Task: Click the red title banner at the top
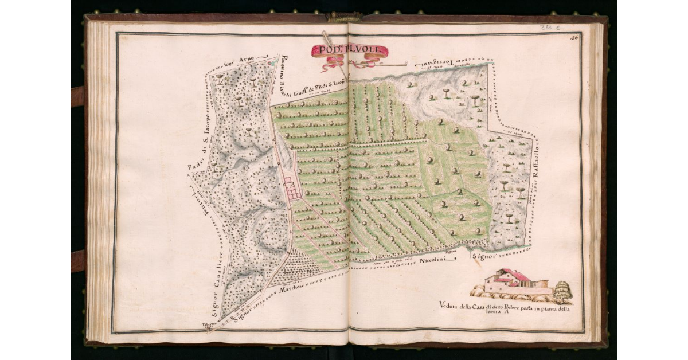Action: [349, 51]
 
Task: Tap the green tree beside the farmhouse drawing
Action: [563, 291]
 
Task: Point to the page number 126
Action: [574, 38]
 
